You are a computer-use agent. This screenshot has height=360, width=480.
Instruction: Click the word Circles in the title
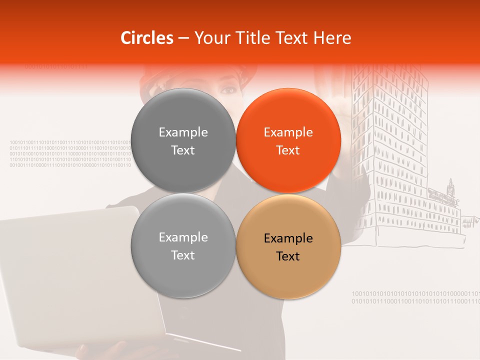147,38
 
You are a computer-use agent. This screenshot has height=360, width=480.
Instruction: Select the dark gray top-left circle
183,140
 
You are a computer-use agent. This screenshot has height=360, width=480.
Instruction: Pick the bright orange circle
288,140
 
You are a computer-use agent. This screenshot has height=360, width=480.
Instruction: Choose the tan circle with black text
288,246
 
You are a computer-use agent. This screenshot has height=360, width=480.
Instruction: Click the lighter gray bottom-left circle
183,246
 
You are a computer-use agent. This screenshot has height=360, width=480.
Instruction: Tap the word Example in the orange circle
288,132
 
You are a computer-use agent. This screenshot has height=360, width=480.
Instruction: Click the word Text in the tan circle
288,256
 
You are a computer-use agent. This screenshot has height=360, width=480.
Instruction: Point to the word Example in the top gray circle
183,132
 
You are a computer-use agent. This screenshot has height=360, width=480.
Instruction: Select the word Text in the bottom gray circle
183,255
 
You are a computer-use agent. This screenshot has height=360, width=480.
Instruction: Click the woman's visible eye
228,90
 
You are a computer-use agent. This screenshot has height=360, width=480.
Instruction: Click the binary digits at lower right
415,297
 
